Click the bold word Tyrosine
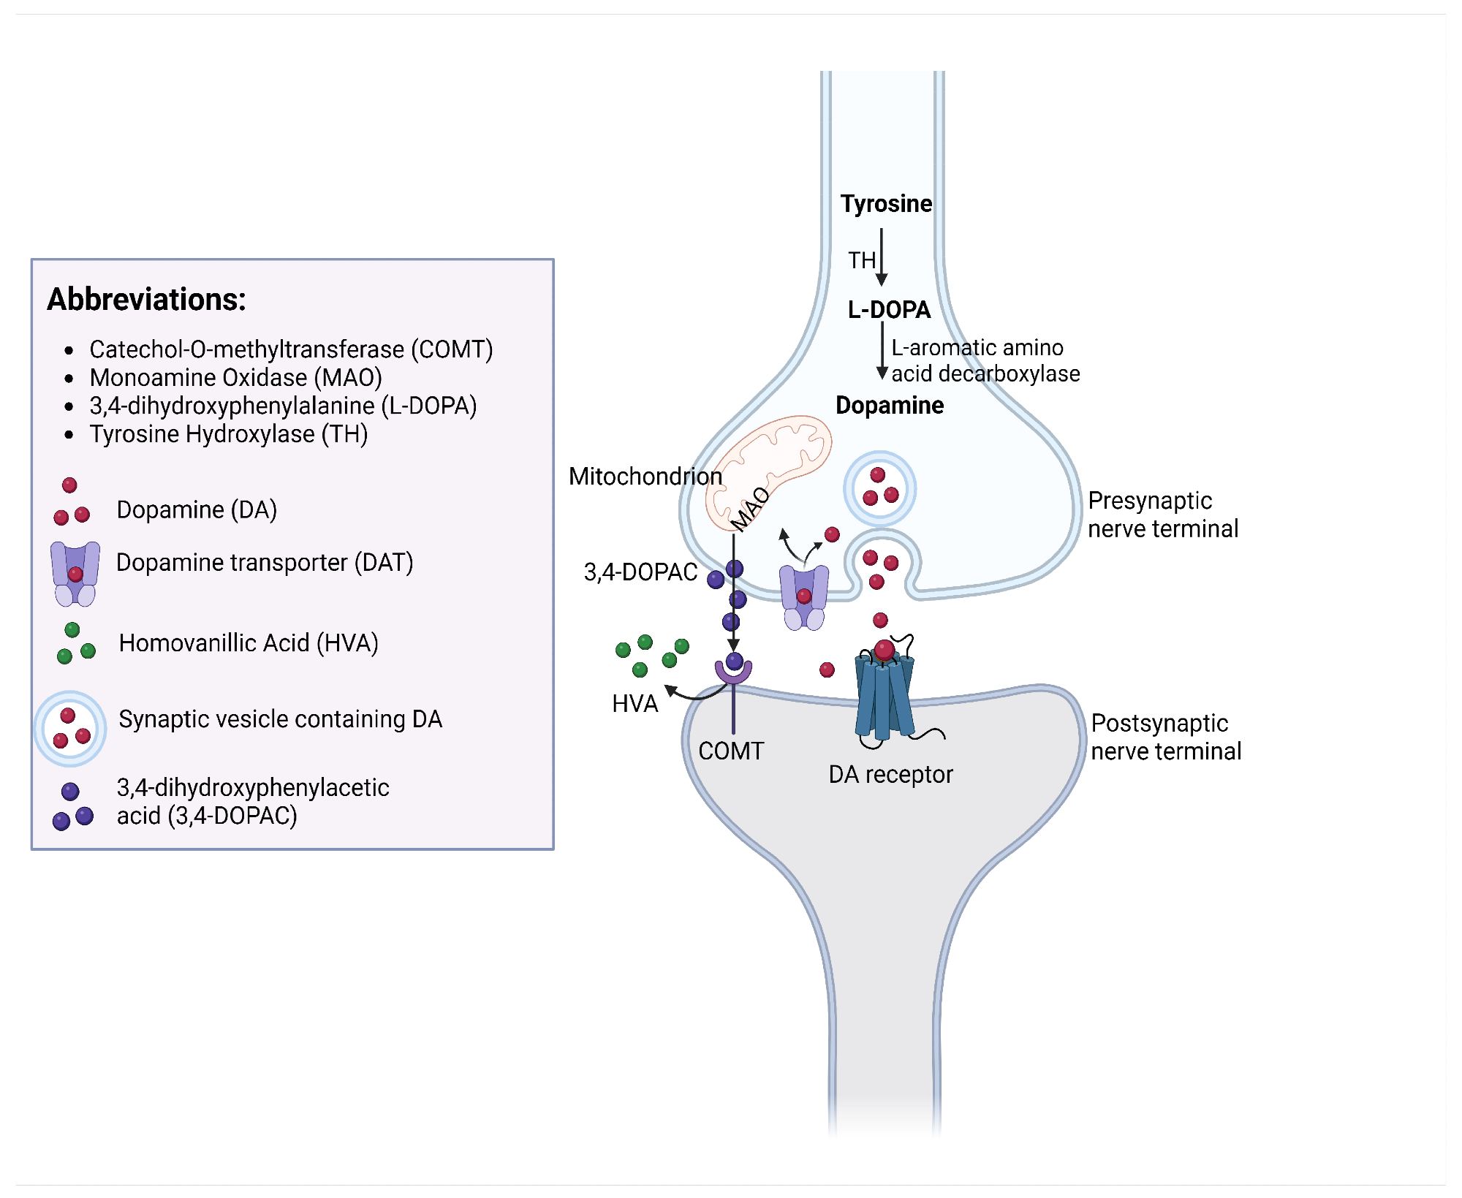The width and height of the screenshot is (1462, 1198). [886, 203]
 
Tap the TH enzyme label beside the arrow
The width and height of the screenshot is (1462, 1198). [862, 260]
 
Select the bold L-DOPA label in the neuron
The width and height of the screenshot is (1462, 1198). [889, 310]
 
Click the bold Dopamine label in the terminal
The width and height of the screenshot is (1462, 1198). [890, 405]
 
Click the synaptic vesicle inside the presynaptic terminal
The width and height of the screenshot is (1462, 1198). [880, 488]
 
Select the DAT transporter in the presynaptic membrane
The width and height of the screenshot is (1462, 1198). [804, 596]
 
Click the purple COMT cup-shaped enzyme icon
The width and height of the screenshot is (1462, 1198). [734, 671]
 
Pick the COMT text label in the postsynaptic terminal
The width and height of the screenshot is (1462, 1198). [731, 751]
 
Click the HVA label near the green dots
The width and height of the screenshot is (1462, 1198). [635, 703]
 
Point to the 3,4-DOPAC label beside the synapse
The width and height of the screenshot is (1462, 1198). [640, 572]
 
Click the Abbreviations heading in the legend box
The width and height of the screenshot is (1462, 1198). [147, 300]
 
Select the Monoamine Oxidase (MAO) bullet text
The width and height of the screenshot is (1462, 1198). [235, 378]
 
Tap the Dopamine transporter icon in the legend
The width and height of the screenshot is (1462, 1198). [75, 574]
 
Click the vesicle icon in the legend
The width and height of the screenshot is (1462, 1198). [70, 729]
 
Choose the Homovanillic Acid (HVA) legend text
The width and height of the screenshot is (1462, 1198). [249, 643]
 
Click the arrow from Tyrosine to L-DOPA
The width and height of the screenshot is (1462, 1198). [882, 257]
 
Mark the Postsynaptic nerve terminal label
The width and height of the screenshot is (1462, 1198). [1166, 737]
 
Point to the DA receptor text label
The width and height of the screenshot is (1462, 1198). [890, 774]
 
